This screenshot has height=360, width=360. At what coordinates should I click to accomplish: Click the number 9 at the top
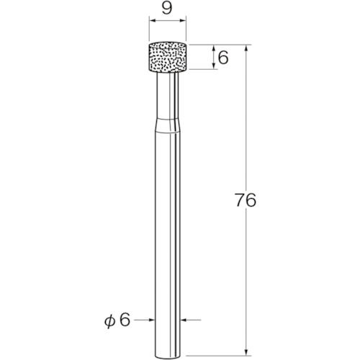pos(167,9)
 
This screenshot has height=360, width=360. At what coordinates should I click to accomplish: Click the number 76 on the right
pos(246,200)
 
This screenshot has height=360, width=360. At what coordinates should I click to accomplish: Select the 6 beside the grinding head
pos(223,58)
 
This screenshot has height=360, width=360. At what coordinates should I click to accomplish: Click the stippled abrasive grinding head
pos(168,57)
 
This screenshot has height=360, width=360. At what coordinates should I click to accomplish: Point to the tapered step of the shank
pos(168,125)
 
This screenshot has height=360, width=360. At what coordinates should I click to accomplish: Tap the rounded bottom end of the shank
pos(168,356)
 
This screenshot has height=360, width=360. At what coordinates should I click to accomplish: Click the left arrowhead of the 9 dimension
pos(152,21)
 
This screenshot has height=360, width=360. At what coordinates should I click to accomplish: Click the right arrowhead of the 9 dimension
pos(184,21)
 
